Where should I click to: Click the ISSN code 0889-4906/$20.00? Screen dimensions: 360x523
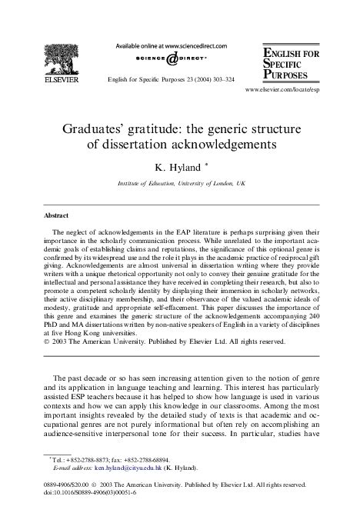tap(68, 485)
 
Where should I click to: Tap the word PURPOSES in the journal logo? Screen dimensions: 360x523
tap(289, 75)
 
